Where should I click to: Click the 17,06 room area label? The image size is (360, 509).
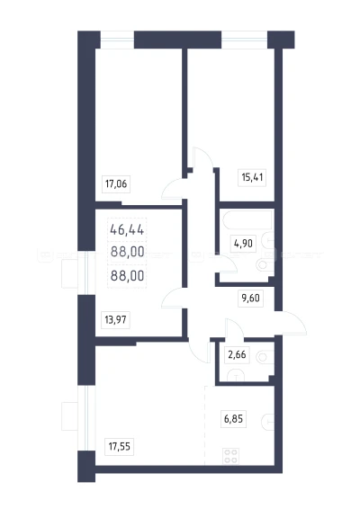[116, 184]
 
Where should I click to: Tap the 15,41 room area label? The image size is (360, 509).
[252, 177]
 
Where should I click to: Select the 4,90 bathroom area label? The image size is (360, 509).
[243, 243]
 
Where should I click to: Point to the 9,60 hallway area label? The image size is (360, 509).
[251, 298]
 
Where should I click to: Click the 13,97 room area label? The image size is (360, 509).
[116, 320]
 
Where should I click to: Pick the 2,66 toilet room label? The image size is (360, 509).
[237, 354]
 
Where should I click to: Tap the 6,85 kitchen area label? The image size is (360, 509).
[233, 419]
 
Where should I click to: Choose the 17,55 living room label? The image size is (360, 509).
[119, 446]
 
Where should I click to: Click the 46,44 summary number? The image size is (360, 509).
[127, 230]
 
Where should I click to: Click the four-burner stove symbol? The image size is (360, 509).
[231, 456]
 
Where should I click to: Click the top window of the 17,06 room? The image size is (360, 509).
[117, 40]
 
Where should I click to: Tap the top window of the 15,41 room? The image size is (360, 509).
[244, 40]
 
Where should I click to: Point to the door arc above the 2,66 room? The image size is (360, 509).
[235, 327]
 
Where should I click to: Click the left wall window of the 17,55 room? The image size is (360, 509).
[86, 418]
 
